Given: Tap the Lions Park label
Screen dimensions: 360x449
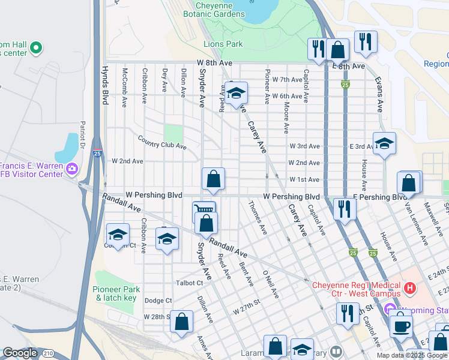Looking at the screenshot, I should click(x=223, y=44).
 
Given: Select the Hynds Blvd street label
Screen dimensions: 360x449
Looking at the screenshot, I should click(x=104, y=86).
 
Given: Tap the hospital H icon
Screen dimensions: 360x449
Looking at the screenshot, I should click(x=410, y=289).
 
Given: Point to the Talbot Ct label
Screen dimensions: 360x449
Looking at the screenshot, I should click(x=190, y=283).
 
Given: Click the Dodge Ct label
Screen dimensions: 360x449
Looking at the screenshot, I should click(x=158, y=301).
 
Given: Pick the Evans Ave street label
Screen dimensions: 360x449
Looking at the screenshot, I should click(x=379, y=94).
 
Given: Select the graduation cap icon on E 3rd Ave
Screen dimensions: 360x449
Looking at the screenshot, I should click(x=384, y=144).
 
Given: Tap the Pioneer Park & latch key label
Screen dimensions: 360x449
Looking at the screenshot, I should click(x=116, y=294).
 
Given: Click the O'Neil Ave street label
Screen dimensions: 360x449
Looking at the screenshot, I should click(x=271, y=284).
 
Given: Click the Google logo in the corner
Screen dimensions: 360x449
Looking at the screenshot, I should click(x=20, y=353).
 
